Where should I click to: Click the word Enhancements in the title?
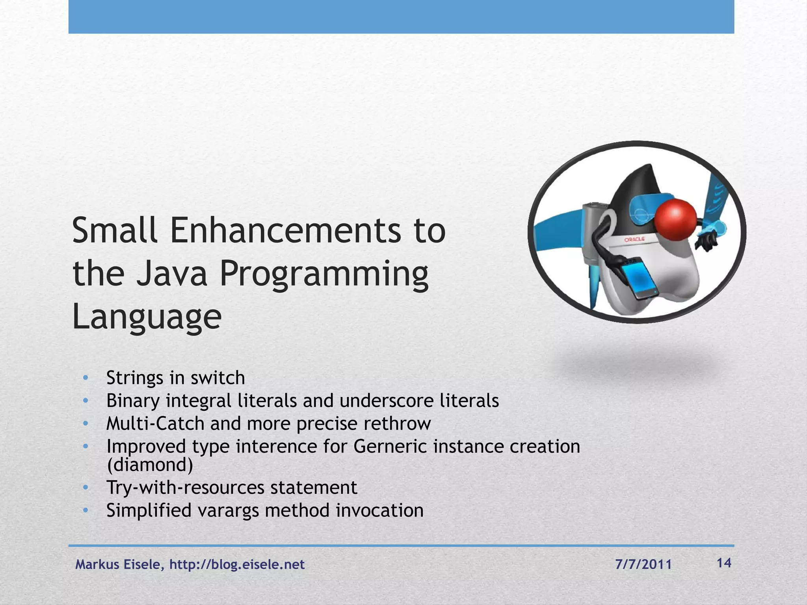(286, 231)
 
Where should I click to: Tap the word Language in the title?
(147, 317)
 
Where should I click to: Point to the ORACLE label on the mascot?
(634, 239)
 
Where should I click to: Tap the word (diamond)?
(150, 465)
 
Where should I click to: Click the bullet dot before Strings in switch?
(86, 378)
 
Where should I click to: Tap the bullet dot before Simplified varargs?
(86, 510)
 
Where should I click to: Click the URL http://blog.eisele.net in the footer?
(237, 565)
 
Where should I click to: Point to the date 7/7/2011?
(643, 565)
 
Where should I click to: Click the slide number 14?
(724, 563)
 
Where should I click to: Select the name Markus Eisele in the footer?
(118, 565)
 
